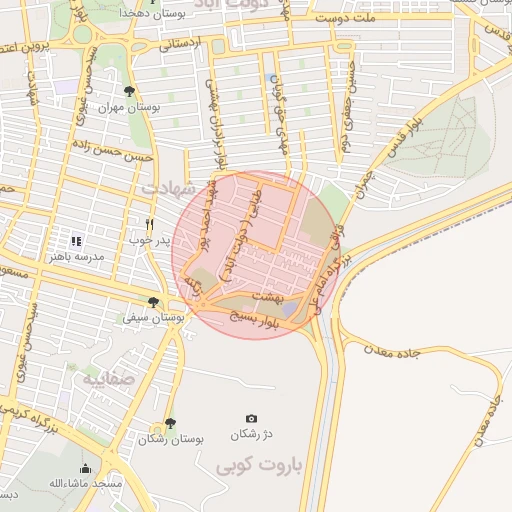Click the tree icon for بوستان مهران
click(129, 91)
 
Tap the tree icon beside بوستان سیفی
click(152, 301)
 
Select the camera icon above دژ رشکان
click(251, 418)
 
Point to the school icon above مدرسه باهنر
click(75, 240)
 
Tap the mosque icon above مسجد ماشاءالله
click(85, 468)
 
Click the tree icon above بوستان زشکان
click(170, 423)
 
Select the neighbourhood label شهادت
click(165, 187)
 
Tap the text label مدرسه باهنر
click(77, 257)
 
